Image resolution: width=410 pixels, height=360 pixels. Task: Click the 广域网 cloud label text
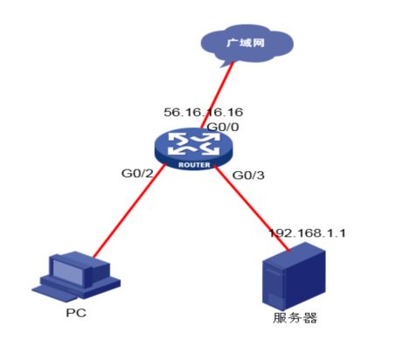(246, 43)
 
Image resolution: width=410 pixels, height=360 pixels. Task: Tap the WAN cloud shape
(247, 45)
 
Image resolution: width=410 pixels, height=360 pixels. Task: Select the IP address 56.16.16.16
(203, 112)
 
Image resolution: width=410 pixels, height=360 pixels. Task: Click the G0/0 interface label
(223, 127)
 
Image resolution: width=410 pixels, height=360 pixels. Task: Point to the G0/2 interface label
(137, 173)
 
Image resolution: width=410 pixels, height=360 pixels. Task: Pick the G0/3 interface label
(248, 176)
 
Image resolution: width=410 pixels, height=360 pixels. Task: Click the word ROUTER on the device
(194, 165)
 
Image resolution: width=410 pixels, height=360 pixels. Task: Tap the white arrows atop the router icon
(193, 144)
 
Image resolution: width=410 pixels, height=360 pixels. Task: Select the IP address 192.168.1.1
(307, 233)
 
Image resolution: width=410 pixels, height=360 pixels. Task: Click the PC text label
(76, 313)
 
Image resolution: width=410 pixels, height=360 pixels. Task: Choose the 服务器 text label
(295, 318)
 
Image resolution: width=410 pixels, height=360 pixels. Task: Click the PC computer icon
(76, 276)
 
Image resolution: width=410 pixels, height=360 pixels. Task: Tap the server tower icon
(294, 276)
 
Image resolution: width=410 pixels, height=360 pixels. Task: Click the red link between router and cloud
(217, 94)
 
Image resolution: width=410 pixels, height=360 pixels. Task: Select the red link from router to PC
(129, 211)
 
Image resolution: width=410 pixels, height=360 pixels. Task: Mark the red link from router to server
(252, 208)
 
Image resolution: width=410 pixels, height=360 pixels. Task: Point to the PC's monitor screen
(67, 271)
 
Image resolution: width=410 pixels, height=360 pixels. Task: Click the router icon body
(193, 149)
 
